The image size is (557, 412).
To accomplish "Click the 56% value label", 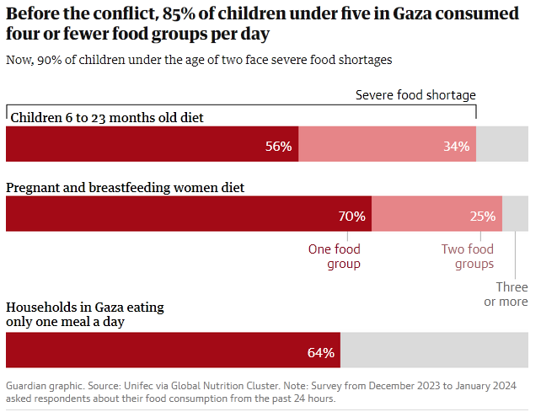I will (x=278, y=146).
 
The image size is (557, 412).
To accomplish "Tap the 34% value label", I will (x=456, y=146).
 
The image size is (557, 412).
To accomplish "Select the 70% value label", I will (x=351, y=216).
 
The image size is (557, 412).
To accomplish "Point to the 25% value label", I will (x=482, y=216).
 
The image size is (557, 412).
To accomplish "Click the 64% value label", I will (x=321, y=351).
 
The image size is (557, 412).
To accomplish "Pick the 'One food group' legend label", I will (x=334, y=256).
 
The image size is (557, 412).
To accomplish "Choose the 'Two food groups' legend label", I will (x=468, y=256).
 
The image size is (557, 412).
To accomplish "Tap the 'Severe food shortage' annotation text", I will (x=415, y=94).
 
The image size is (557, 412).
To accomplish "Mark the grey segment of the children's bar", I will (x=502, y=145).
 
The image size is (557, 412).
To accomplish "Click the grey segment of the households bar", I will (x=434, y=350).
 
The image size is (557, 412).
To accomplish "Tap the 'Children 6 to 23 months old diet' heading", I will (x=106, y=116).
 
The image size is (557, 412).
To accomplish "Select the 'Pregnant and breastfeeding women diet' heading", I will (x=126, y=187).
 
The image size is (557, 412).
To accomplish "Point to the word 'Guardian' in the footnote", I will (x=29, y=385).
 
